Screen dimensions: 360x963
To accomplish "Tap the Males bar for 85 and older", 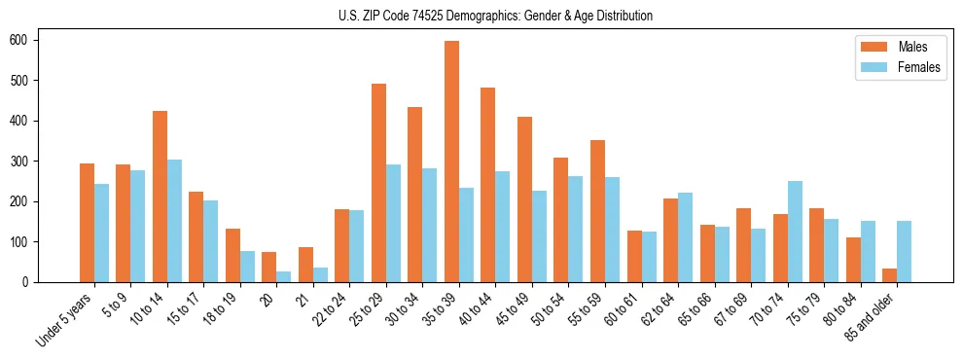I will [889, 275].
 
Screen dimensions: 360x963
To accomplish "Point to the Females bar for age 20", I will [283, 276].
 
